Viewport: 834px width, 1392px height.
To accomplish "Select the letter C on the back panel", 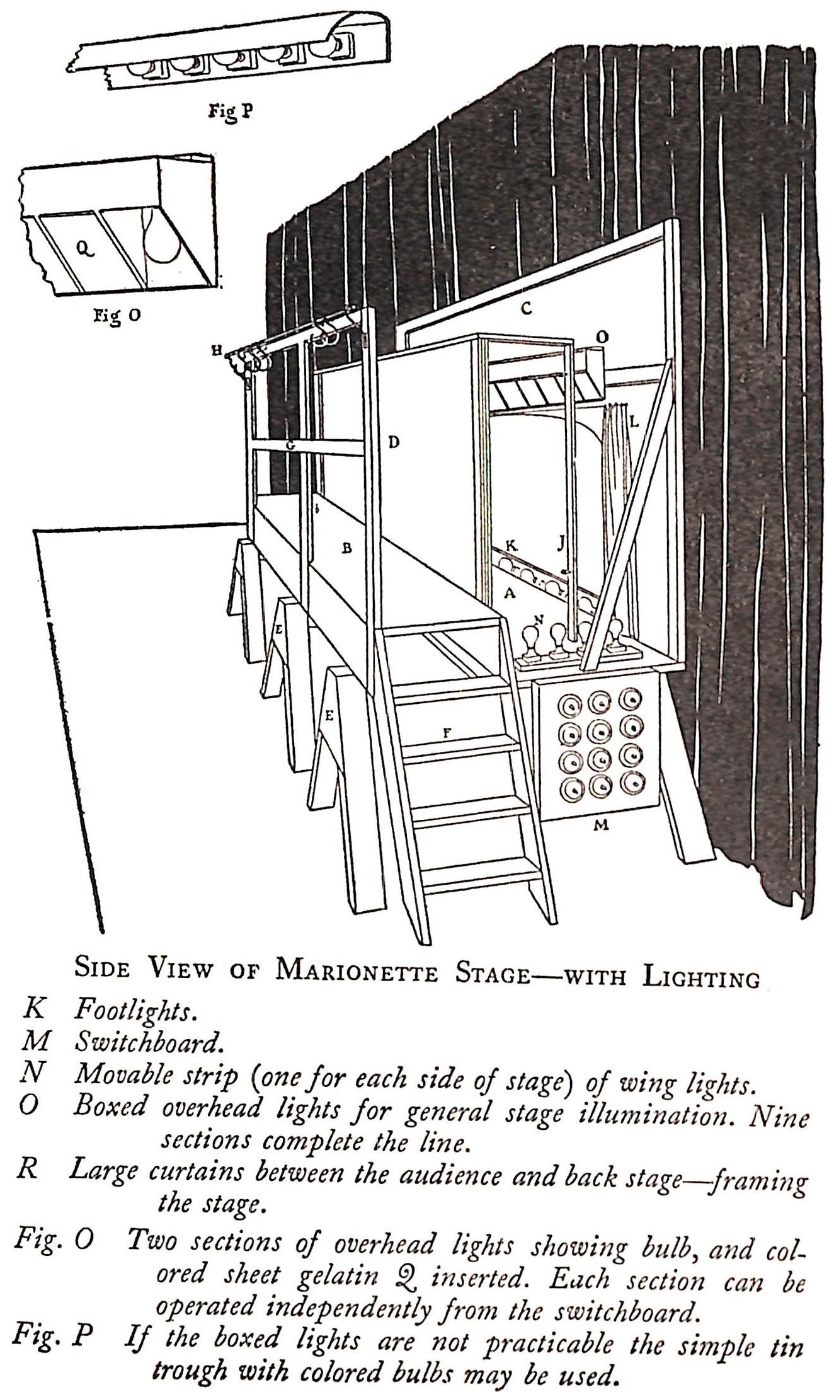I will (x=526, y=309).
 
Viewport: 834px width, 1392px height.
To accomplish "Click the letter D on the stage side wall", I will (x=393, y=443).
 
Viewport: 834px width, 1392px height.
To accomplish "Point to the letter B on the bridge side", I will (x=346, y=548).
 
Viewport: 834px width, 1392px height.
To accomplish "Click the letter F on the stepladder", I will (x=447, y=732).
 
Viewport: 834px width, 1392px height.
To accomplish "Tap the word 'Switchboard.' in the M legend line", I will (x=149, y=1042).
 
